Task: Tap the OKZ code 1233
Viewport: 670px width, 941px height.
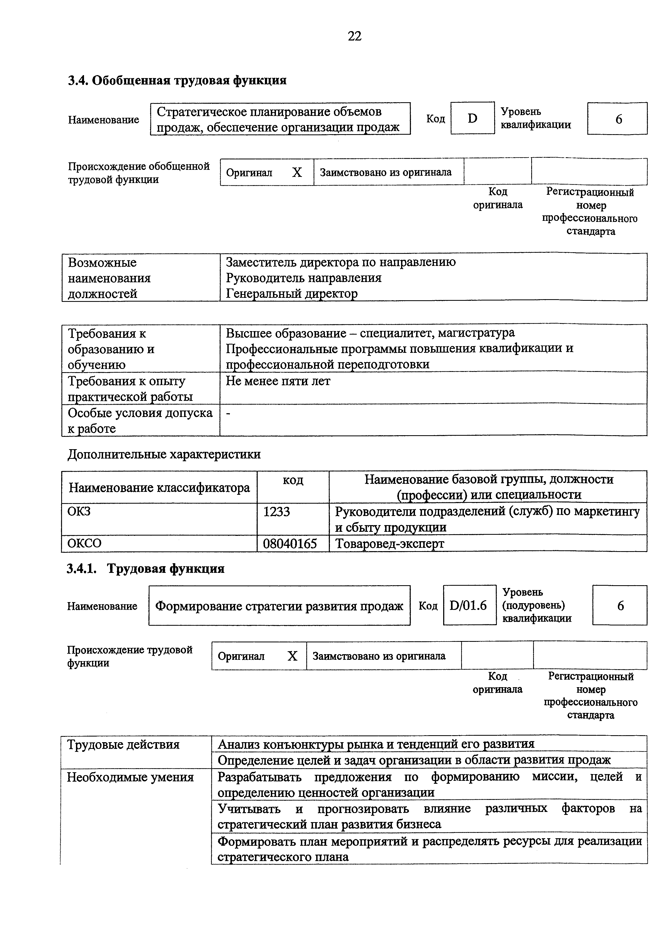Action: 276,512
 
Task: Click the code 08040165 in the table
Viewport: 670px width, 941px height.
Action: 290,544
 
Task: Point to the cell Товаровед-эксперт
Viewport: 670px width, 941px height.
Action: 389,544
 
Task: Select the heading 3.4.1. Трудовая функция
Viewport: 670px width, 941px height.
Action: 146,569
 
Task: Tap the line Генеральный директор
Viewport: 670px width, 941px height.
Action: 291,294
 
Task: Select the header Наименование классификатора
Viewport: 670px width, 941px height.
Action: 159,488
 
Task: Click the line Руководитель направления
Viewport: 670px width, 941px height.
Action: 303,278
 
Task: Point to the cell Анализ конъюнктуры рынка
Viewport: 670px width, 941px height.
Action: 376,744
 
